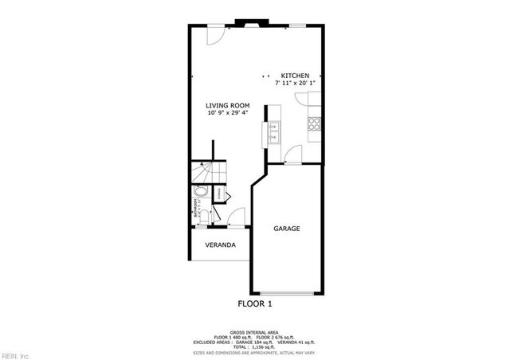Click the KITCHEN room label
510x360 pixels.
click(x=294, y=76)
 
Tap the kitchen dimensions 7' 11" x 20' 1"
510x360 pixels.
click(x=294, y=83)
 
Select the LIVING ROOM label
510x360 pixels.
click(x=228, y=105)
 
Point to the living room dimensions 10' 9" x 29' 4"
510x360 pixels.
click(x=228, y=112)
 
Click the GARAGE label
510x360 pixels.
click(x=287, y=229)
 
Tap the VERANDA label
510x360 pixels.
click(x=220, y=245)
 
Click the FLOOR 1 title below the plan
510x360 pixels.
click(x=255, y=303)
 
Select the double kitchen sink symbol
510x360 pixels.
click(x=273, y=130)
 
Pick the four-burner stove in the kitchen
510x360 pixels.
click(x=314, y=123)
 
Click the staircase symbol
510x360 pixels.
click(x=208, y=173)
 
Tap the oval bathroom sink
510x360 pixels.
click(x=200, y=192)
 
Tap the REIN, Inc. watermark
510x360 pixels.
click(x=16, y=354)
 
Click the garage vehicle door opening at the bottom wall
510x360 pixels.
click(x=287, y=292)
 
